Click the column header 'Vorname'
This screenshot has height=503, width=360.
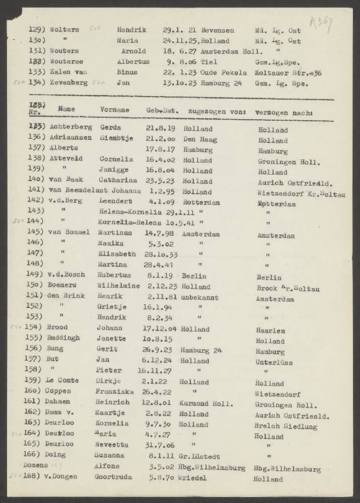point(114,110)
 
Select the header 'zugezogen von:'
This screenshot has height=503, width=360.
point(217,111)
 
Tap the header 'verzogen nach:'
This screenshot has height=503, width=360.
point(283,112)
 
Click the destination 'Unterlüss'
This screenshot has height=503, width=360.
point(274,362)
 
